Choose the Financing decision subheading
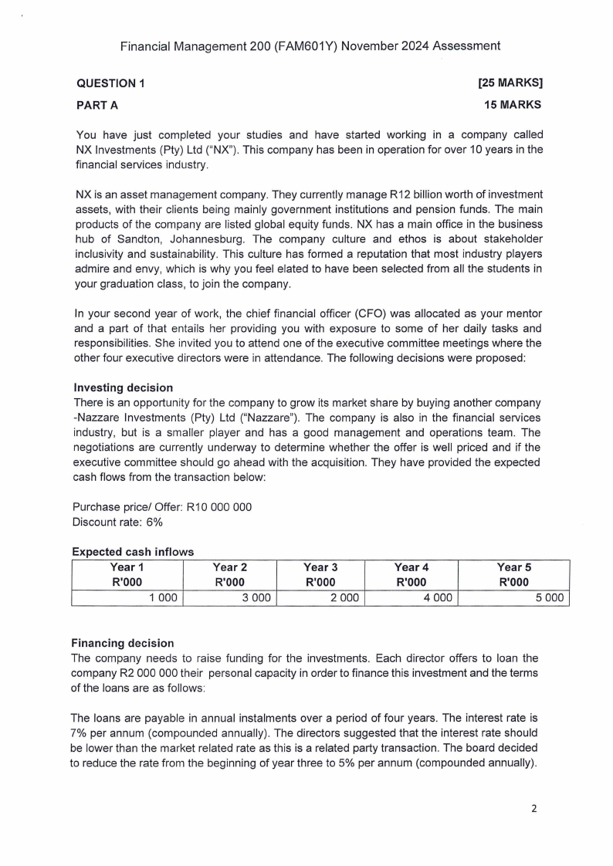click(x=123, y=643)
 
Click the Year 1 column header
click(x=127, y=567)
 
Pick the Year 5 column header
click(x=513, y=567)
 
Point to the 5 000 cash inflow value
click(x=550, y=598)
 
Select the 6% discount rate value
click(x=156, y=523)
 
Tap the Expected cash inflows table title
click(x=132, y=552)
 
